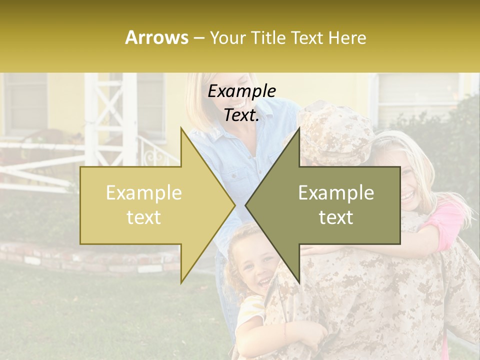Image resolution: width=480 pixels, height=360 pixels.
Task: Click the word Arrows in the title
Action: coord(156,37)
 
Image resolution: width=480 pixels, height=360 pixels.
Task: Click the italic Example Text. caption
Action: coord(242,103)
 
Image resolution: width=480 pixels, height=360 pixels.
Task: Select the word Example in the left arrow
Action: coord(144,193)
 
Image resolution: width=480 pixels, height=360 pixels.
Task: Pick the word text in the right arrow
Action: coord(336,217)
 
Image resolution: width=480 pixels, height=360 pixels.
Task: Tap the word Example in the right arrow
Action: coord(336,193)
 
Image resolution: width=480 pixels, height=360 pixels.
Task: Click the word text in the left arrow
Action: coord(144,217)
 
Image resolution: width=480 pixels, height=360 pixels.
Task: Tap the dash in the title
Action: coord(198,38)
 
